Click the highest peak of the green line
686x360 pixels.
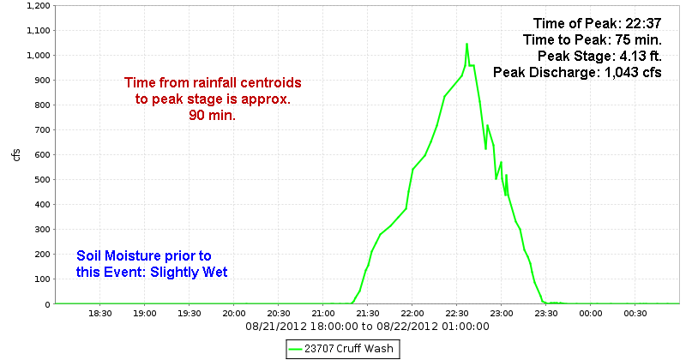pyautogui.click(x=466, y=44)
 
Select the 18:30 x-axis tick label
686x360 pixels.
pyautogui.click(x=100, y=314)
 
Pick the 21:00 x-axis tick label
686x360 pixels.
pyautogui.click(x=323, y=314)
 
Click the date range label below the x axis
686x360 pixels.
pyautogui.click(x=367, y=327)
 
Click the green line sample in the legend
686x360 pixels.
pyautogui.click(x=298, y=348)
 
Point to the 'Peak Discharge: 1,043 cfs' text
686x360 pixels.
pyautogui.click(x=577, y=73)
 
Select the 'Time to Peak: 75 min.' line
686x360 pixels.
pyautogui.click(x=592, y=40)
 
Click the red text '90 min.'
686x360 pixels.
pyautogui.click(x=213, y=116)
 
